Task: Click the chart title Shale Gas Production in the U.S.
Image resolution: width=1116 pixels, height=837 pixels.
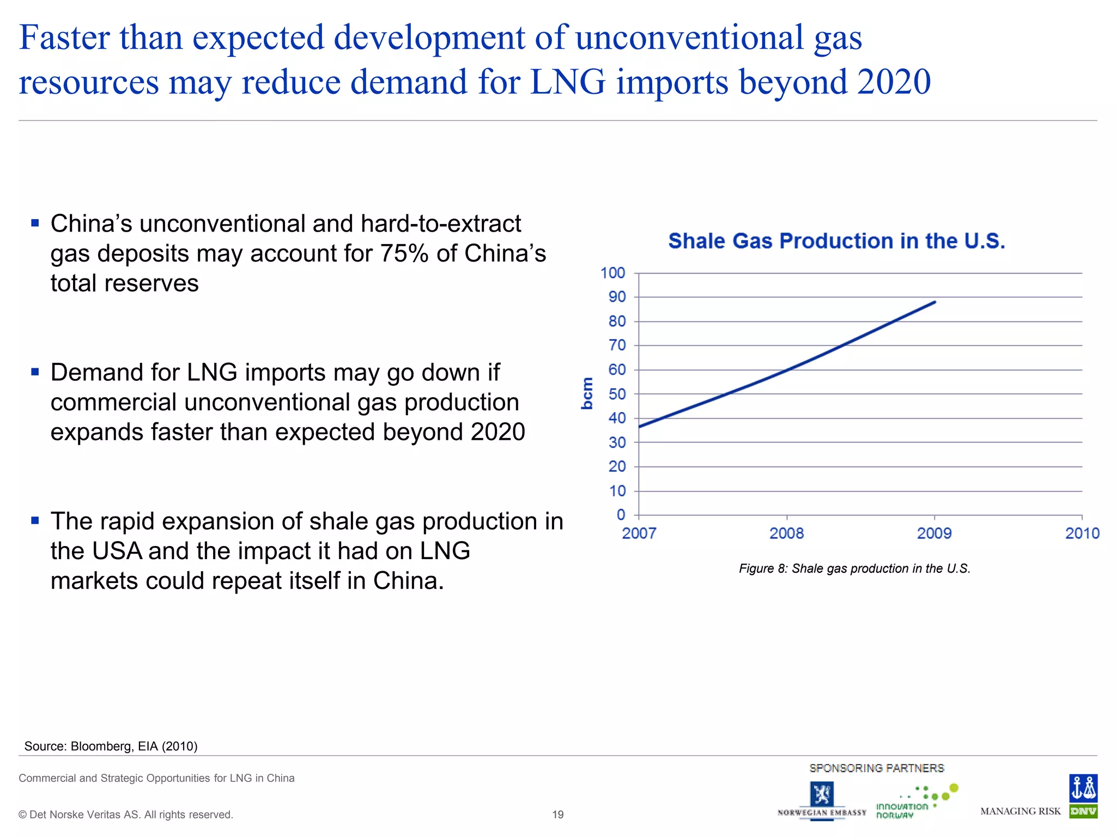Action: (836, 241)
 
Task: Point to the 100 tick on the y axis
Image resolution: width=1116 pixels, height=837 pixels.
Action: (612, 273)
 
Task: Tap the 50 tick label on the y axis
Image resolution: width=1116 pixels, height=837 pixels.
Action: (617, 394)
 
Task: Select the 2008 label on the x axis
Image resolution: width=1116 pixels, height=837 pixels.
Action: (786, 533)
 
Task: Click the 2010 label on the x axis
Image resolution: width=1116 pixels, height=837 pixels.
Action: (1082, 533)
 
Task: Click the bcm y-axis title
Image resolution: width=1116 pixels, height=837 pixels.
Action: (587, 393)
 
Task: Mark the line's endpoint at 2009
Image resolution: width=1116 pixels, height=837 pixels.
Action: (935, 302)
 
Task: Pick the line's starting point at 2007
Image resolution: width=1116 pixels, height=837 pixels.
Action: (639, 426)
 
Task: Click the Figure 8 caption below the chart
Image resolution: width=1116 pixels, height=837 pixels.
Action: (854, 568)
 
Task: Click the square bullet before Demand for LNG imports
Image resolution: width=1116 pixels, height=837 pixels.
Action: (35, 372)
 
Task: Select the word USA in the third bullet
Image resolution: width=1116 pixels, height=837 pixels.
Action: (117, 551)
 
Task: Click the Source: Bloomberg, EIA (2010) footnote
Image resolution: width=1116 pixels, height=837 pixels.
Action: (111, 746)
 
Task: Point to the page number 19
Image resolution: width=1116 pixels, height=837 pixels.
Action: (557, 815)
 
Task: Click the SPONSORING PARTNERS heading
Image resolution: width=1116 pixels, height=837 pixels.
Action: (876, 768)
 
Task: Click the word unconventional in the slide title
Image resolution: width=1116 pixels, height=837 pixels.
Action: (689, 38)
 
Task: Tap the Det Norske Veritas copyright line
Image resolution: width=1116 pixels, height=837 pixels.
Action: (126, 815)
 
